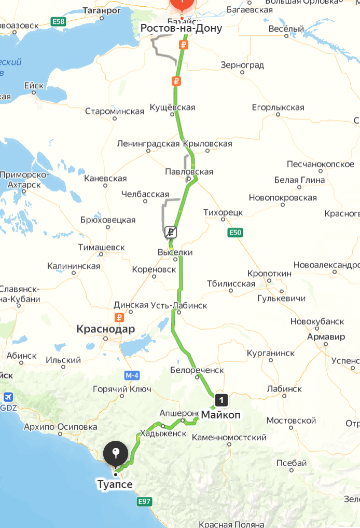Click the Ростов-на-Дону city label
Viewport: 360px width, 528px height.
(181, 28)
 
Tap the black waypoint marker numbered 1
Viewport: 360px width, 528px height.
(221, 400)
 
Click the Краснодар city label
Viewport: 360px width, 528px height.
(105, 329)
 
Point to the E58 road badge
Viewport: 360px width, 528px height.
(59, 21)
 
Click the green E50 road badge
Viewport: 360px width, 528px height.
(235, 233)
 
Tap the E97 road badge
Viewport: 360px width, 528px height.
(144, 502)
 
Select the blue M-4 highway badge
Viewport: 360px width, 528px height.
(132, 375)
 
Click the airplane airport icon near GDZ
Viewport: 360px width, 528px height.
(8, 397)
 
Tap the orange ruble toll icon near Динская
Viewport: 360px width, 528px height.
(119, 317)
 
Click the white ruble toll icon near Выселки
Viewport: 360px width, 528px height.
(171, 232)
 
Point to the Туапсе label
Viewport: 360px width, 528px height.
(115, 484)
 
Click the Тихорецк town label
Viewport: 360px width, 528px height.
(223, 213)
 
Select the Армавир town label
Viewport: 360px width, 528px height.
(325, 337)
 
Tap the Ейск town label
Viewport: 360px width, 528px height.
(34, 86)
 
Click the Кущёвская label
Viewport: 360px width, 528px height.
(172, 107)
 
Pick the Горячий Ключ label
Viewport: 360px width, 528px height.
(122, 389)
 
